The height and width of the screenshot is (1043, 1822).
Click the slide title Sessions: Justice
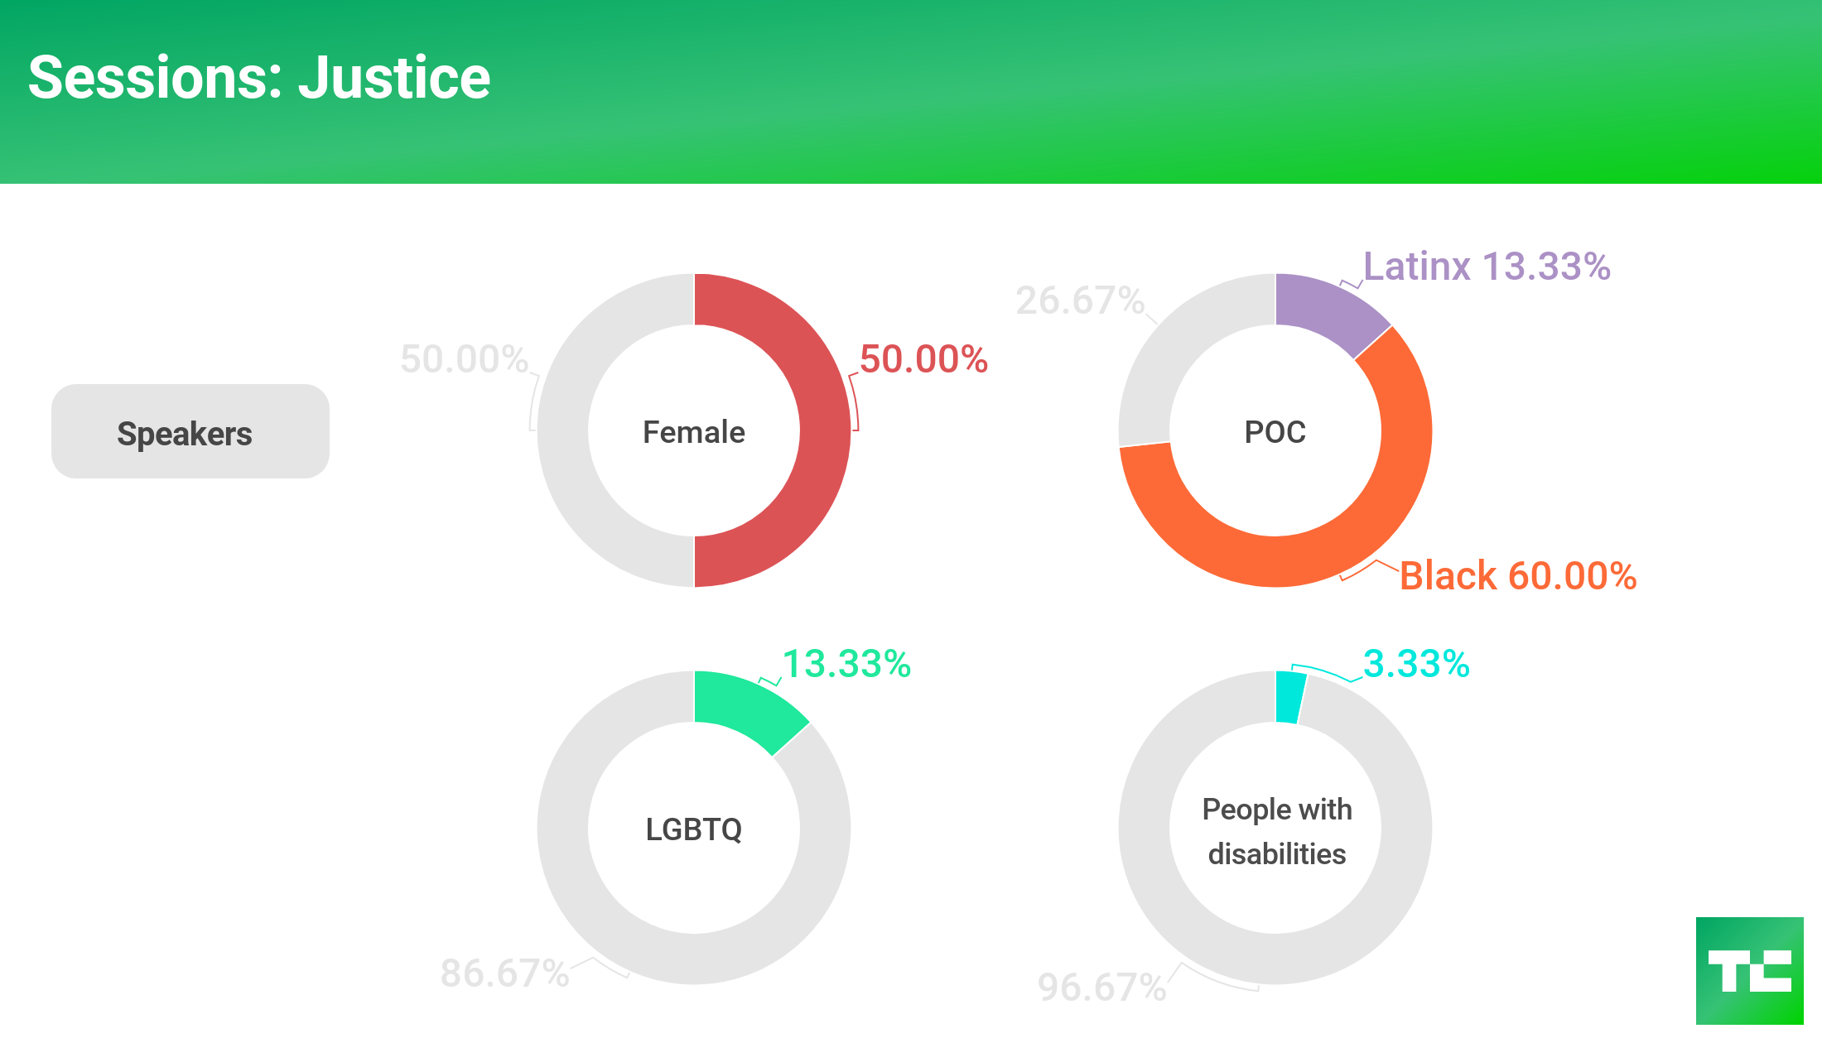(259, 78)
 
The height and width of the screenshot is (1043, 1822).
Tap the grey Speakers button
(190, 431)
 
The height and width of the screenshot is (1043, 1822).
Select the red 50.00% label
(923, 359)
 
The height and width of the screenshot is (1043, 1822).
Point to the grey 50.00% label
(464, 359)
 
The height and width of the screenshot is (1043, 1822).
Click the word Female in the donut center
(694, 432)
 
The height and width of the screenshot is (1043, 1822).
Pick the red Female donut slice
(824, 430)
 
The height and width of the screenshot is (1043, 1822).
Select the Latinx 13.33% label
(1487, 267)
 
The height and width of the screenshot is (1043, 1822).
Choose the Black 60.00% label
(1517, 575)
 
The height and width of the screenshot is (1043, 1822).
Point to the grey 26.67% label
(1080, 300)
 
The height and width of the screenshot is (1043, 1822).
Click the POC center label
(1275, 432)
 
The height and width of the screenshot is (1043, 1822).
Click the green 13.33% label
(846, 664)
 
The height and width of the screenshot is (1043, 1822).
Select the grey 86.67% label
(504, 973)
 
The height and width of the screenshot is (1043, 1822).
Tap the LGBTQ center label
(694, 829)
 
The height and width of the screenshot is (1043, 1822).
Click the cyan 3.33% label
(1416, 664)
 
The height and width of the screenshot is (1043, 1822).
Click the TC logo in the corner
(1749, 970)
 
